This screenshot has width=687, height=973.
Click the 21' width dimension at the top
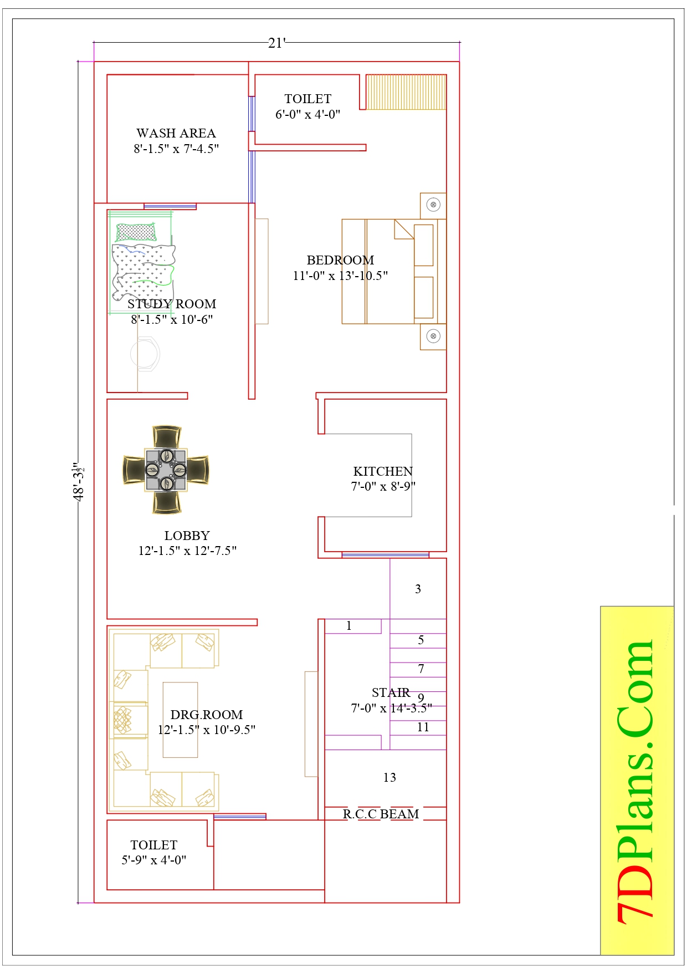[x=276, y=43]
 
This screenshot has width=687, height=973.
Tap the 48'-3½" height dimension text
[x=79, y=482]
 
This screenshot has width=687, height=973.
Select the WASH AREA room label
[x=176, y=133]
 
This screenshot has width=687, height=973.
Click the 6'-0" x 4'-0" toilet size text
[x=307, y=114]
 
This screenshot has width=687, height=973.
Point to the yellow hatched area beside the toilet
[x=406, y=92]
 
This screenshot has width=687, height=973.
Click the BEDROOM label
[x=340, y=260]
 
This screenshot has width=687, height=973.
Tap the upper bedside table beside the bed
[x=433, y=205]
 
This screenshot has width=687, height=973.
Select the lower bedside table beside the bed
[x=433, y=337]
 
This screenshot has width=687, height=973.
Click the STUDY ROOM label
[x=172, y=304]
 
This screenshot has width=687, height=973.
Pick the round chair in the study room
[x=145, y=354]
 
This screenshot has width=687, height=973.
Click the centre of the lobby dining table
[x=166, y=470]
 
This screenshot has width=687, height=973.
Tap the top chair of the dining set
[x=167, y=436]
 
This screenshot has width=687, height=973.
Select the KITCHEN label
[x=383, y=471]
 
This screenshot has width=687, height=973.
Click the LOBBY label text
[x=187, y=536]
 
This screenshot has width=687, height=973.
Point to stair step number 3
[x=418, y=589]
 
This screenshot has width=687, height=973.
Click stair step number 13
[x=389, y=777]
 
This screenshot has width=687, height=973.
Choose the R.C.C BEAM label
[x=381, y=814]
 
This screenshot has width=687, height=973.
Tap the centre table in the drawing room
[x=180, y=720]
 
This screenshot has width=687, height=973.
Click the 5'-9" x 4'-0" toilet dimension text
[x=154, y=860]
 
